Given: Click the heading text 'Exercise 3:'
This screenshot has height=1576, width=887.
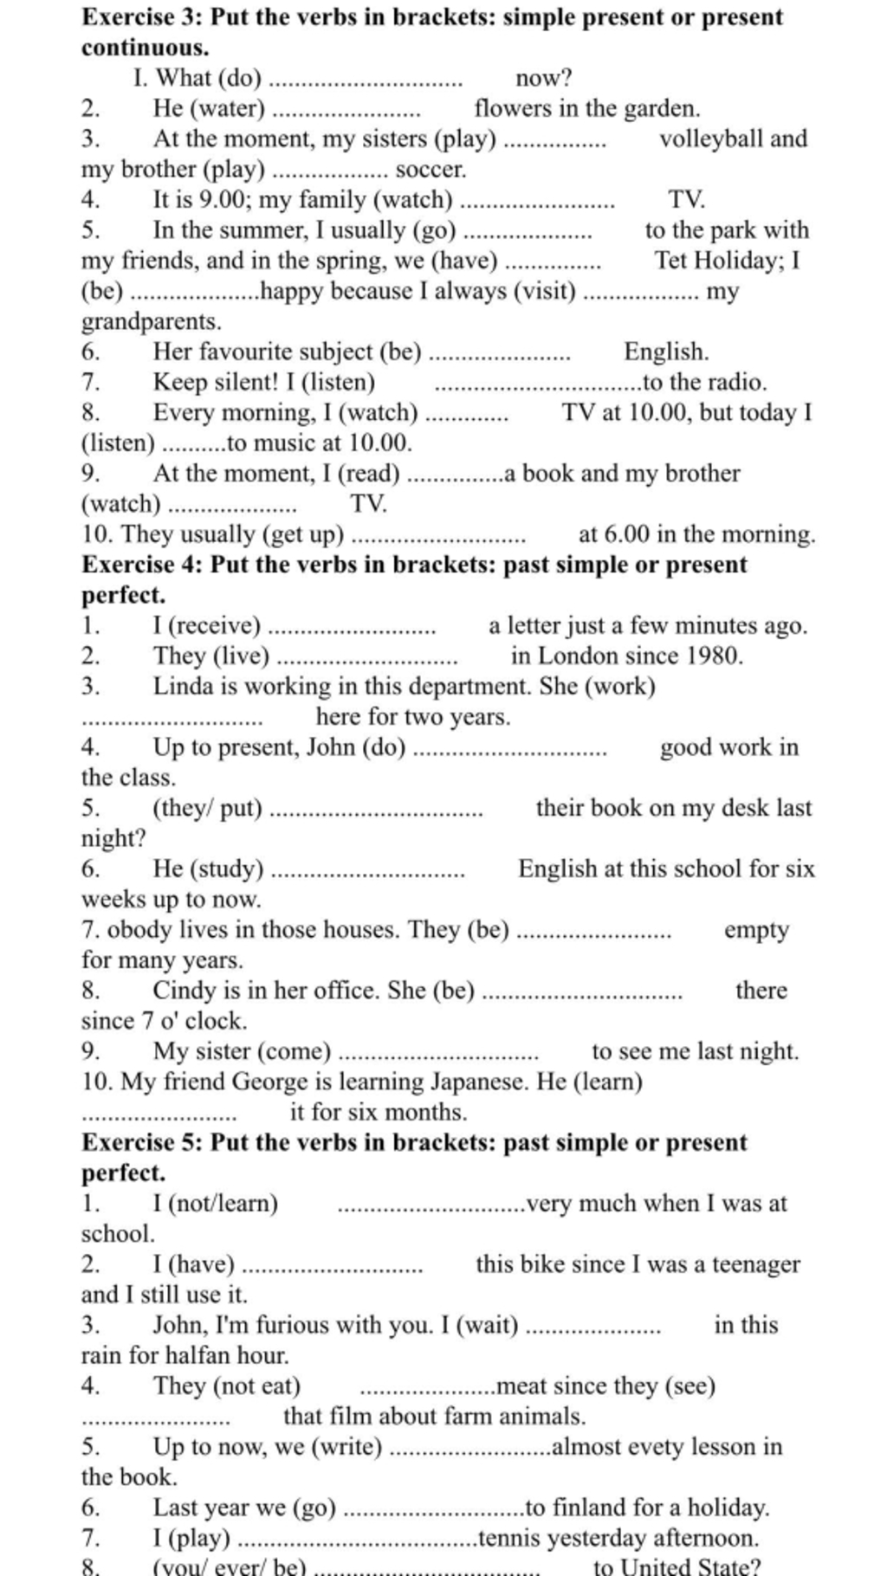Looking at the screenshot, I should point(142,17).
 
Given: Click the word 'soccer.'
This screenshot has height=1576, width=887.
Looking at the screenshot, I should point(431,170).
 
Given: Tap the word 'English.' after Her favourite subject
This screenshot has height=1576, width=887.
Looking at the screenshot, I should point(666,352).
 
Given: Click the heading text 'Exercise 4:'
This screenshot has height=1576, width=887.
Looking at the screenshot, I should point(142,565).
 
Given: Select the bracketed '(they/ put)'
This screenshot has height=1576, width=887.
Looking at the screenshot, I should point(207,808).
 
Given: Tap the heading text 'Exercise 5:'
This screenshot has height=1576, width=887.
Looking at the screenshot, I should point(142,1142).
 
